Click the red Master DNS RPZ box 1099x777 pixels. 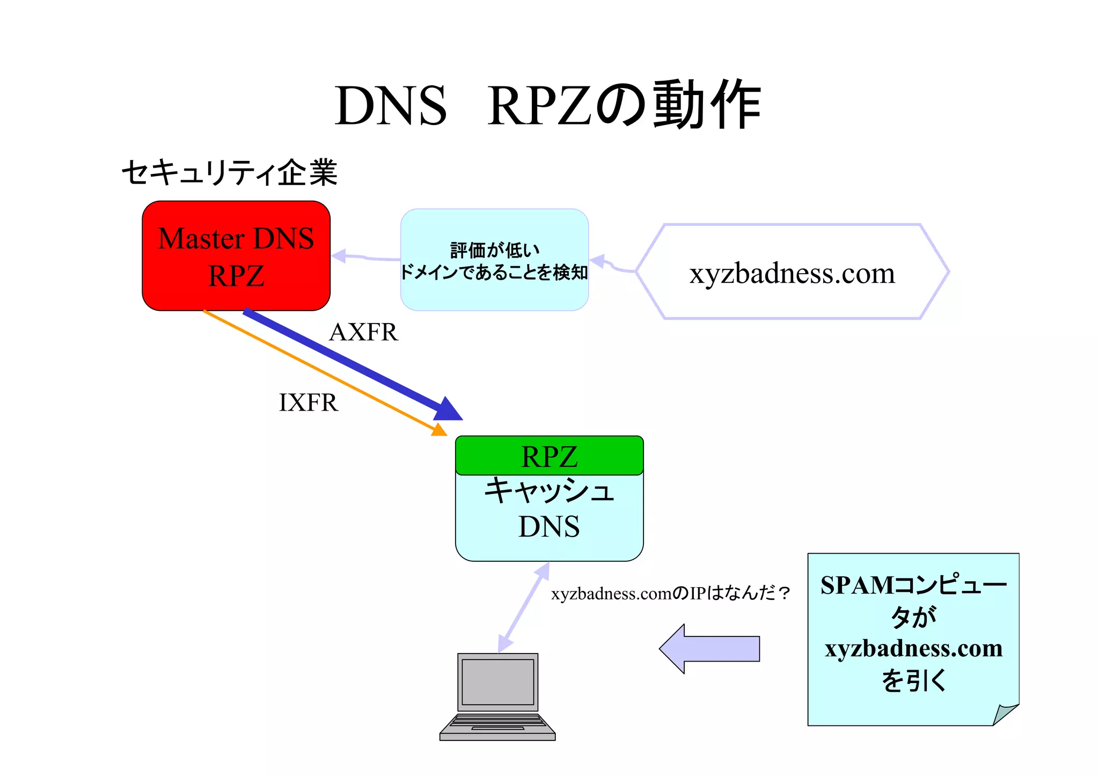pos(236,256)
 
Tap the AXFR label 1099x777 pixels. pos(363,332)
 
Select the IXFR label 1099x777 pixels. pos(309,402)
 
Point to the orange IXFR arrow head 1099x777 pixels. pos(439,430)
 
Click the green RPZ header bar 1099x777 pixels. pos(549,456)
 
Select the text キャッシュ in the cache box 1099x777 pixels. pos(549,490)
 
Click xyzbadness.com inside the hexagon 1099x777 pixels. pos(792,273)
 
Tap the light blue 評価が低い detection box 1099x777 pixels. pos(494,260)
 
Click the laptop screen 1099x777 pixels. pos(497,681)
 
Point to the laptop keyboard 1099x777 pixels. pos(497,722)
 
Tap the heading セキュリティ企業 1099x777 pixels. pos(230,173)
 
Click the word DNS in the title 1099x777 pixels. pos(391,106)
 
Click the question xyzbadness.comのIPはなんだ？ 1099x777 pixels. pos(671,593)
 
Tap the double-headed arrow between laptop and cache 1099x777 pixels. pos(524,607)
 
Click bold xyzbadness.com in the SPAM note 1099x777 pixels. pos(913,649)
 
